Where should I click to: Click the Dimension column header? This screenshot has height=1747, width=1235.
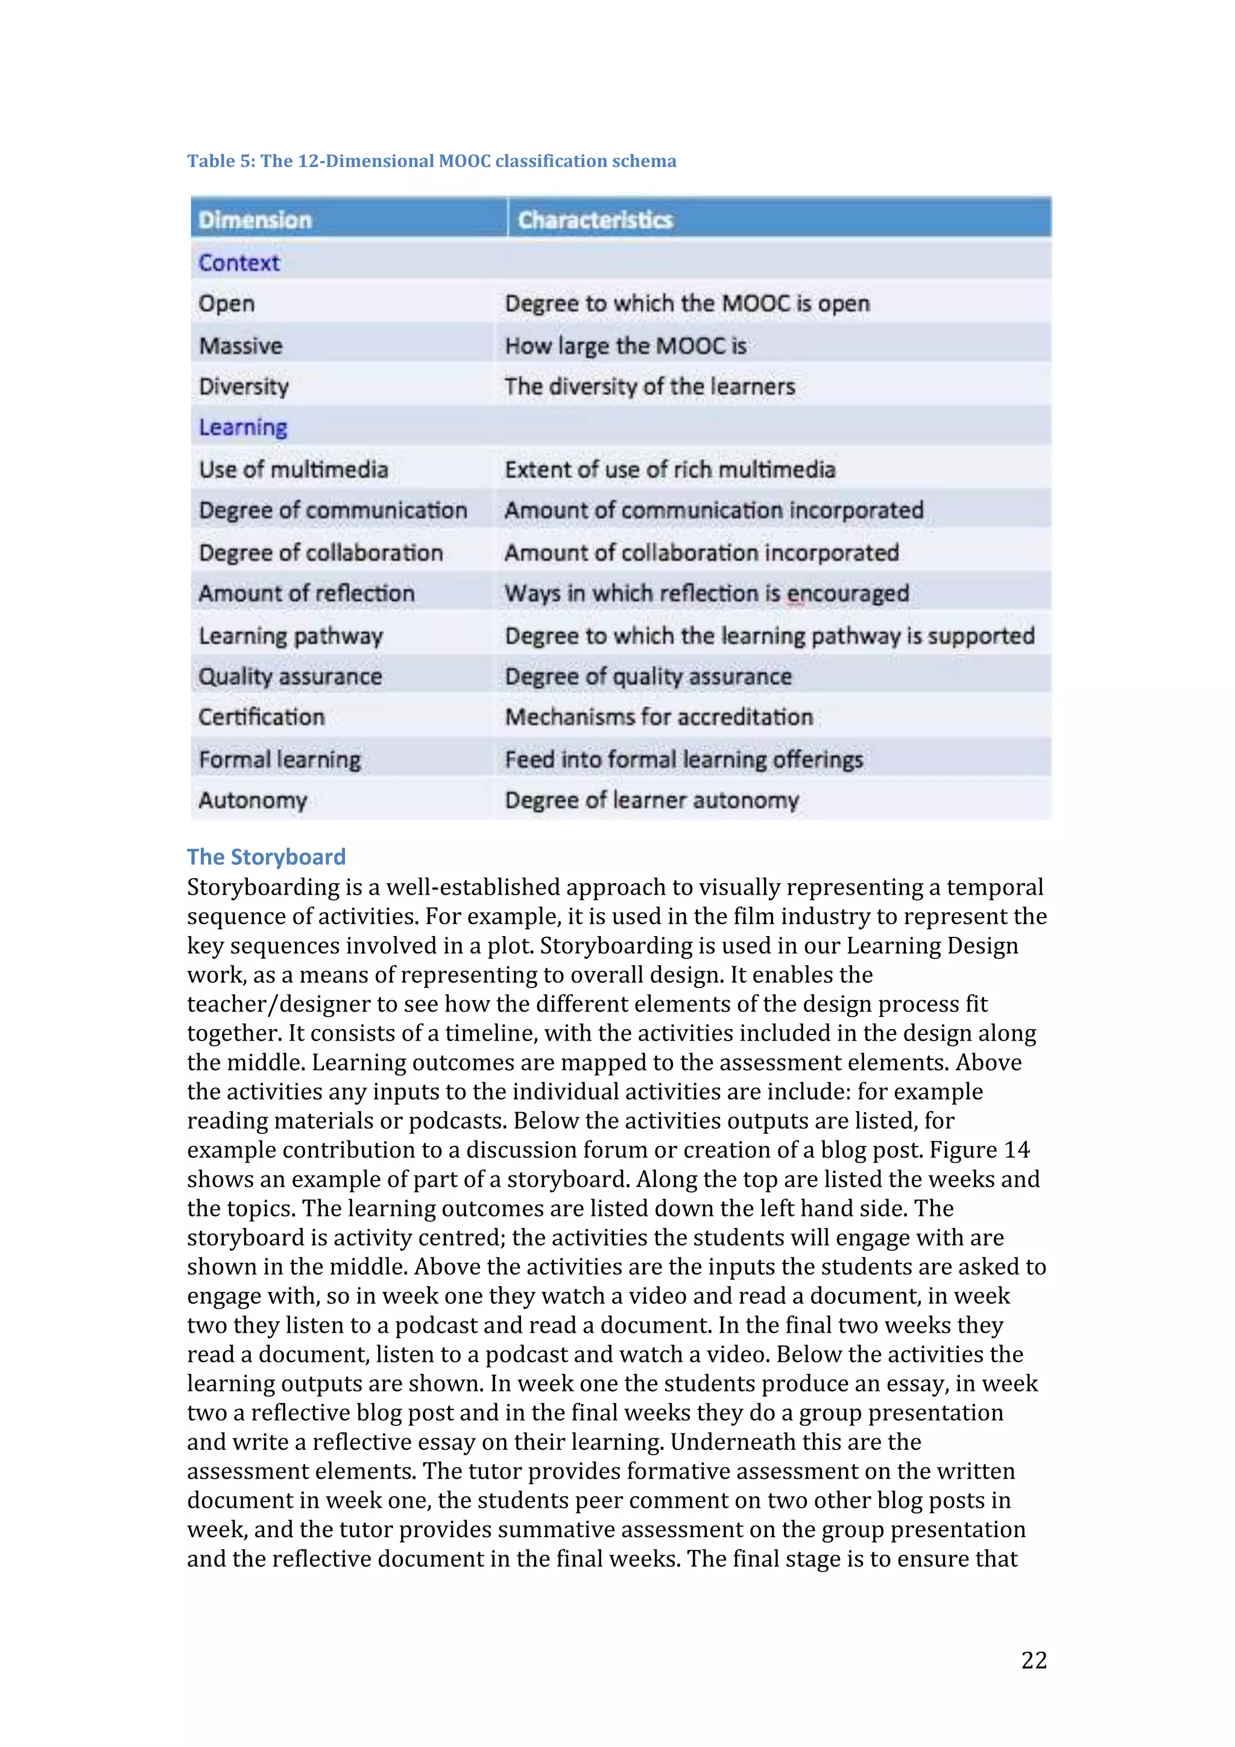click(255, 220)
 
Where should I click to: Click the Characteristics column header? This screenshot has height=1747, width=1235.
click(595, 220)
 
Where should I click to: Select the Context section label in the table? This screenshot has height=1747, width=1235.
click(239, 262)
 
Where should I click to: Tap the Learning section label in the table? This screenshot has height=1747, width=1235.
click(243, 427)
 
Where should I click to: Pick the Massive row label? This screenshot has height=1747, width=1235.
click(241, 345)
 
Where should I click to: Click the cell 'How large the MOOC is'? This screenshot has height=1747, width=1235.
click(625, 345)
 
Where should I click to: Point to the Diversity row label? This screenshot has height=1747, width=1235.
click(244, 386)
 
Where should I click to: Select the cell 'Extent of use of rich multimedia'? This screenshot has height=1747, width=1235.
click(669, 470)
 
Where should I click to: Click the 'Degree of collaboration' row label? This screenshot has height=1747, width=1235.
click(320, 552)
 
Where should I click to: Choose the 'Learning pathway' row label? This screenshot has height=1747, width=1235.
click(291, 635)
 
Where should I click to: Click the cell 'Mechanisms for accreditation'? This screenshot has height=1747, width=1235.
click(659, 717)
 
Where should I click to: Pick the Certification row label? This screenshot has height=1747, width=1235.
click(261, 717)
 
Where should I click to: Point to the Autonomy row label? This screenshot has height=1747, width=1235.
click(253, 800)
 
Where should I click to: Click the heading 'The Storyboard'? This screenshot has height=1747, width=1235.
click(267, 857)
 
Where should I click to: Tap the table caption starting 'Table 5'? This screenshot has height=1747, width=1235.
click(431, 160)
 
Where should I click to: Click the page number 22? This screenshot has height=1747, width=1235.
click(1034, 1660)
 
